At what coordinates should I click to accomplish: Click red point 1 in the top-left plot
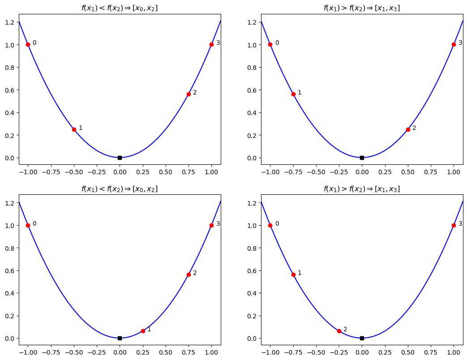74,129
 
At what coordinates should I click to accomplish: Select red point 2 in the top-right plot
408,129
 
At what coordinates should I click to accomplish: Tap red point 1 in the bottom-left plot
143,331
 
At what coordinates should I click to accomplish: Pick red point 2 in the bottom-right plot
339,331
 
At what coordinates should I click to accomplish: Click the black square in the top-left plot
120,158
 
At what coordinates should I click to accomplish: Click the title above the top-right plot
361,8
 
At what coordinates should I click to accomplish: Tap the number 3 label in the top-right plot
460,43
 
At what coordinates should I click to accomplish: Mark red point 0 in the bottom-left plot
28,225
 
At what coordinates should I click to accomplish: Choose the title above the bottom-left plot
120,189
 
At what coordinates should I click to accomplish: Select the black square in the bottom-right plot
362,338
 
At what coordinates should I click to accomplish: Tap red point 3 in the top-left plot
211,44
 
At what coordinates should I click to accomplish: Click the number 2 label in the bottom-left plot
195,273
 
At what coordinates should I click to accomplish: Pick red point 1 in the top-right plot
293,94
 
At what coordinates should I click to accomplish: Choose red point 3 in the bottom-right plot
454,225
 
